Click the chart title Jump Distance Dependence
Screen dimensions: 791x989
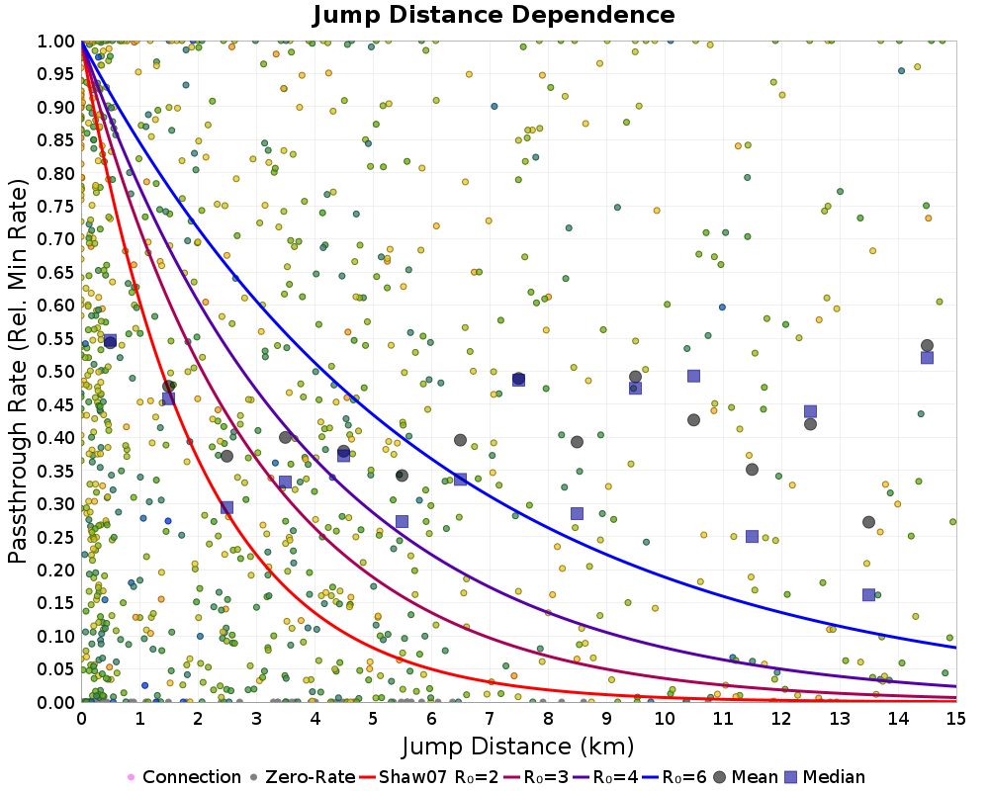pos(494,15)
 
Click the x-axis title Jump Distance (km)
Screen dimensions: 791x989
pos(517,746)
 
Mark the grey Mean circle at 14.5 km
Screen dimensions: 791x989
pos(927,346)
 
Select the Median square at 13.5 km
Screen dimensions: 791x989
pos(868,595)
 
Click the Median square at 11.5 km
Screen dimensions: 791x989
pos(752,537)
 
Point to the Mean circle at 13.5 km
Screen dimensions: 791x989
pos(868,522)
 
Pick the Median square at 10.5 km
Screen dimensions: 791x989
pos(693,376)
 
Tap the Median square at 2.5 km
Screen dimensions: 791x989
pos(226,507)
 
